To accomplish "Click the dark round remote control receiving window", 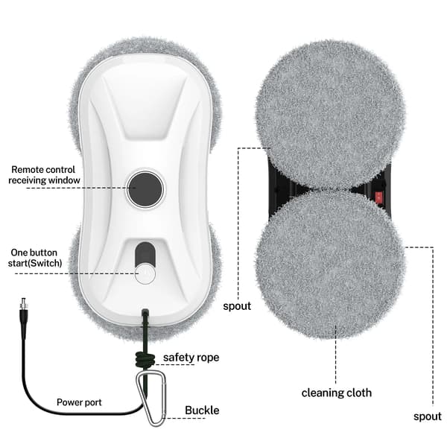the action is [x=145, y=189].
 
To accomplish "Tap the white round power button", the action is [x=145, y=274].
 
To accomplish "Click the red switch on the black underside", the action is [x=378, y=198].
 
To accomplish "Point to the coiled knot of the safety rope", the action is [x=145, y=359].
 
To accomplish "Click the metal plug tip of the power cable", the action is [x=23, y=304].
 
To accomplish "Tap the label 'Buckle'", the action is [x=202, y=410].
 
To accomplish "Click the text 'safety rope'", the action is [x=191, y=358].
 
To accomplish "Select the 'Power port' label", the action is [x=79, y=402].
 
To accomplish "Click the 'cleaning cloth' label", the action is [x=337, y=393].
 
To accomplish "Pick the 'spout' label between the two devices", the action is [x=237, y=306].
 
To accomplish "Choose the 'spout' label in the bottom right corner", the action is [x=428, y=416].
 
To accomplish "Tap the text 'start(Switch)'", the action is [x=35, y=263].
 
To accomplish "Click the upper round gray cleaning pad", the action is [x=330, y=115].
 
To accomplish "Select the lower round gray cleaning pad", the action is [x=330, y=264].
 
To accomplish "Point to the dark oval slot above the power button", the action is [x=145, y=253].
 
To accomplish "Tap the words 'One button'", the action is [x=34, y=253].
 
